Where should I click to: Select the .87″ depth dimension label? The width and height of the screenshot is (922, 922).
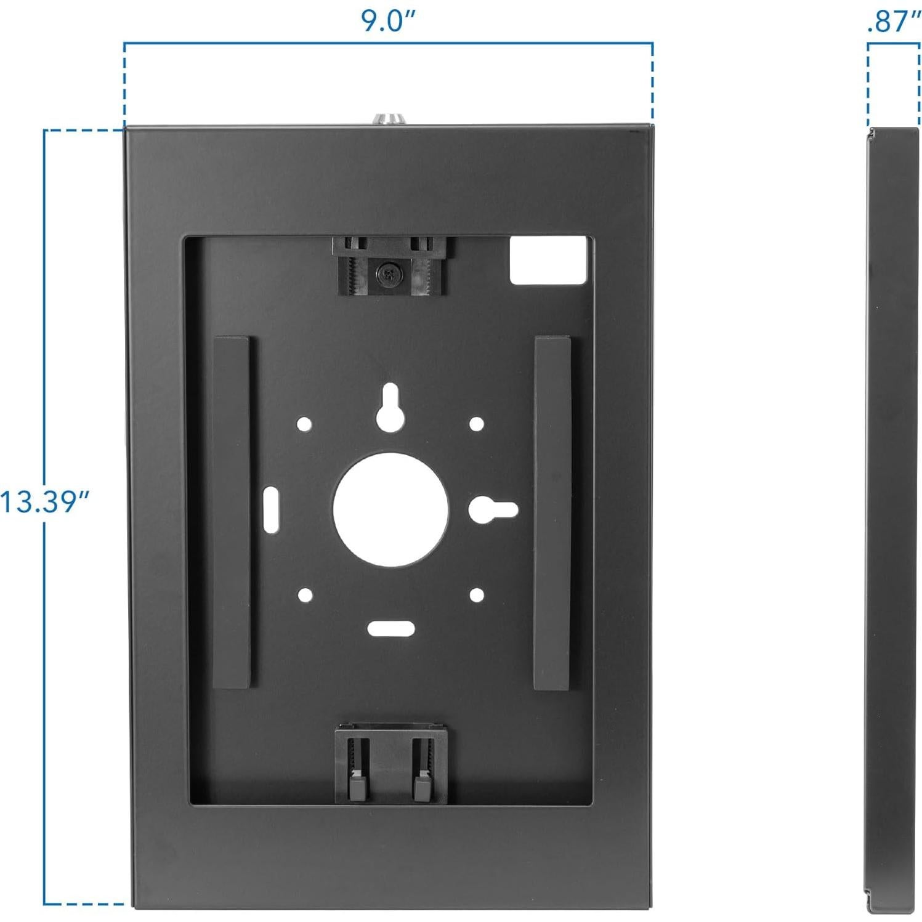coord(892,22)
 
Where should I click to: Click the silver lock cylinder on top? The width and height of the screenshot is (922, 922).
coord(388,119)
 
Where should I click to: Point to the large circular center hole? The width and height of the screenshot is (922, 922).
coord(390,510)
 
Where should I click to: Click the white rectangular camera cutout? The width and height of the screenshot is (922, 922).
coord(548,261)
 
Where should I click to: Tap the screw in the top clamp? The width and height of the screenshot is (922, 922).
coord(388,275)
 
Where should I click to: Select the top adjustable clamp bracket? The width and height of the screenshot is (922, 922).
coord(389,265)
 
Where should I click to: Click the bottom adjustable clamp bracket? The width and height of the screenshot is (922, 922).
coord(390,764)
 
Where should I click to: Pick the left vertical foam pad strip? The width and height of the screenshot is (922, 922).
coord(232,512)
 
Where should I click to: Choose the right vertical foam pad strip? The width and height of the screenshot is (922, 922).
coord(552,512)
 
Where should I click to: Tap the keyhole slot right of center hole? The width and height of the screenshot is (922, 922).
coord(493,509)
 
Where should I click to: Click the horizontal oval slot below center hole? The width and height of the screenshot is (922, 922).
coord(390,628)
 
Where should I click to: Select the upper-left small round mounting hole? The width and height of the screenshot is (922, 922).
coord(304,424)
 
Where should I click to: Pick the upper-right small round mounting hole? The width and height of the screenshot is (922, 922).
coord(477,424)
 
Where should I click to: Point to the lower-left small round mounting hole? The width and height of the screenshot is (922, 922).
coord(304,595)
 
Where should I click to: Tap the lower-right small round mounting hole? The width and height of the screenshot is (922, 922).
coord(477,595)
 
